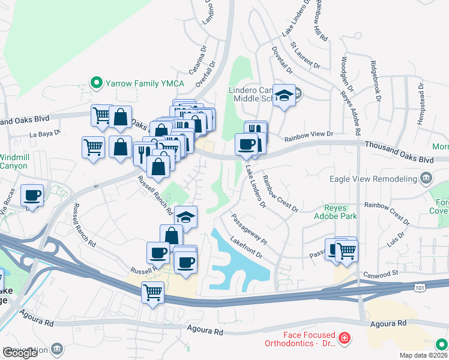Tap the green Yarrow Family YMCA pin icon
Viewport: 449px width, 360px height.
(95, 83)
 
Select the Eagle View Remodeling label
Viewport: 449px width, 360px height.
(373, 179)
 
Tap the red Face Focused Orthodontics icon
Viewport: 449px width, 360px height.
(343, 339)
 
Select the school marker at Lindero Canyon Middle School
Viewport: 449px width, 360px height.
(283, 95)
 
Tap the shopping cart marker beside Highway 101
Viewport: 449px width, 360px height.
(152, 293)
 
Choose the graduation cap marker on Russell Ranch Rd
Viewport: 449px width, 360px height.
(186, 217)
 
